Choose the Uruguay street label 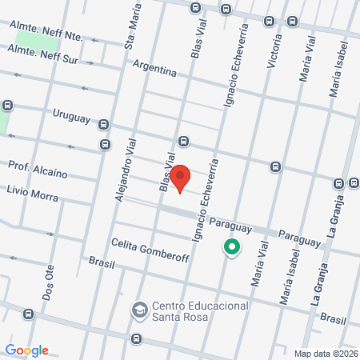(x=72, y=118)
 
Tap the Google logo (x=26, y=350)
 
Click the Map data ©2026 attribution (x=325, y=354)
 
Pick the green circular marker (x=231, y=249)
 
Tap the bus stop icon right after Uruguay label (x=104, y=123)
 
